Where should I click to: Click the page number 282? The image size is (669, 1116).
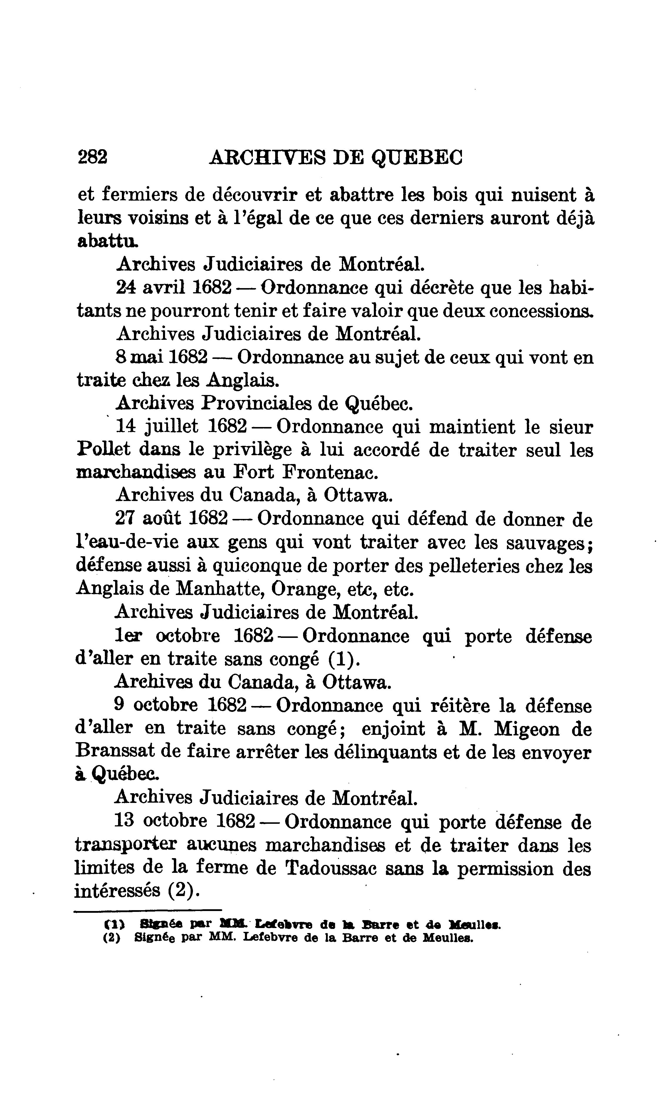[x=93, y=157]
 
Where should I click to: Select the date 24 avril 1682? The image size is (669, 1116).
[x=174, y=288]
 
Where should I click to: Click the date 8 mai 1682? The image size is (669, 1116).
[x=162, y=357]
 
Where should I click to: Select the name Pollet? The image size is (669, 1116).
[x=103, y=449]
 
